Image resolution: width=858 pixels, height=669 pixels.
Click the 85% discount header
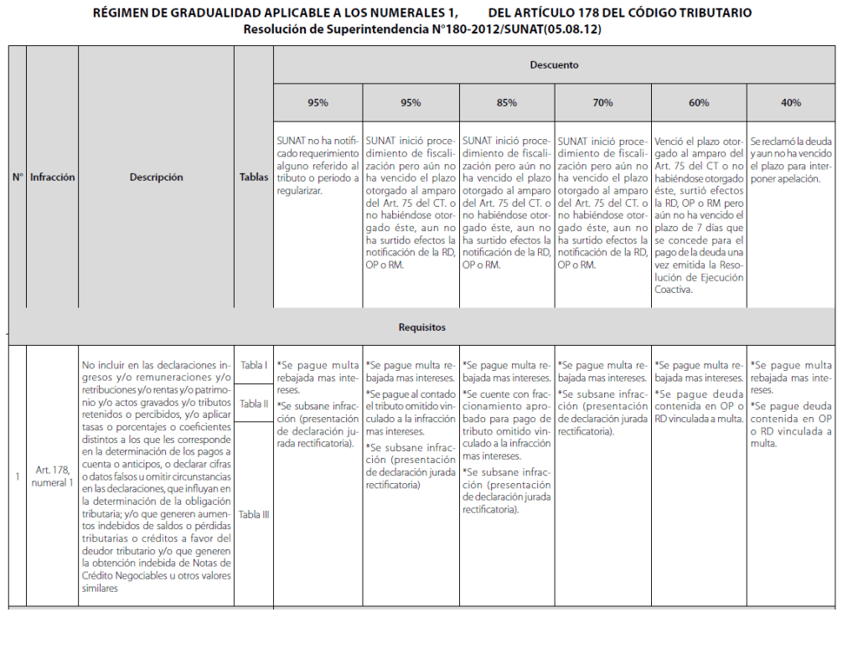pos(506,103)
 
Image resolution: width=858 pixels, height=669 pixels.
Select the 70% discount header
pos(602,103)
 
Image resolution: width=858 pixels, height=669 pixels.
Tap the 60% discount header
pos(698,103)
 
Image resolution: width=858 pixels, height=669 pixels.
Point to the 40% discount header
pos(790,103)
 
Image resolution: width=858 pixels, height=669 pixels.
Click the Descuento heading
pos(554,64)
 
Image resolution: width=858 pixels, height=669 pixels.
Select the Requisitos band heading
pos(421,327)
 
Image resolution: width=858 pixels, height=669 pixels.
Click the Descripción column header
pos(156,178)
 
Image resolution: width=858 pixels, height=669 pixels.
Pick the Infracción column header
pos(52,178)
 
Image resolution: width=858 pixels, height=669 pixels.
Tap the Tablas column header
pos(253,178)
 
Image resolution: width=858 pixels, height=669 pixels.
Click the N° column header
pos(17,178)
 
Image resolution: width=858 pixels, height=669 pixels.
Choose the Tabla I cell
pos(253,365)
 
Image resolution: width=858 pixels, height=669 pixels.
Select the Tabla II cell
pos(253,404)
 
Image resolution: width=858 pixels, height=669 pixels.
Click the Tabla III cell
pos(253,514)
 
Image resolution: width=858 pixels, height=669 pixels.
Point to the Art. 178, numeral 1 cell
pos(52,476)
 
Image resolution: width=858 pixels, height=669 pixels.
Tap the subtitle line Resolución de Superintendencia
pos(422,28)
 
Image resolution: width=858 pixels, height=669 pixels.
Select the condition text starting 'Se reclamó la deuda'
pos(790,161)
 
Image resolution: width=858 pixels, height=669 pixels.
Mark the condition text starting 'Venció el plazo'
pos(698,216)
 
